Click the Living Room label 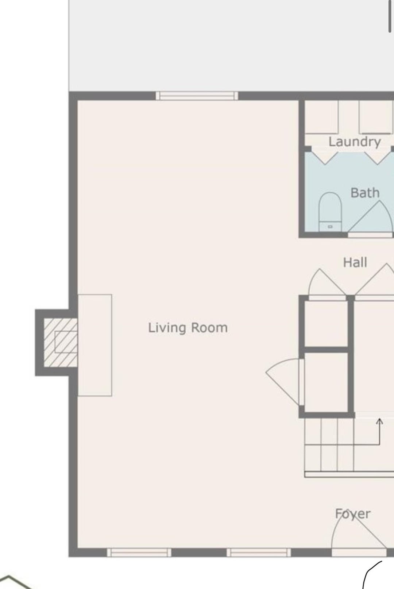coord(188,328)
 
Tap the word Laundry coord(355,142)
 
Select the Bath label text coord(365,193)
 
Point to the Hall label coord(355,262)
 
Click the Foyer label coord(353,513)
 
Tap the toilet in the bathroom coord(330,212)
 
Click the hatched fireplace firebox coord(61,343)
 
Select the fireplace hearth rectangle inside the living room coord(95,345)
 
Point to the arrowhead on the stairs coord(379,421)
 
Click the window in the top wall coord(197,96)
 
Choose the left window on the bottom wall coord(139,553)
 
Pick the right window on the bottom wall coord(259,553)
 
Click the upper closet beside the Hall coord(326,324)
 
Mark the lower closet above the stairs coord(326,382)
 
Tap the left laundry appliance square coord(321,117)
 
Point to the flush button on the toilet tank coord(330,226)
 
